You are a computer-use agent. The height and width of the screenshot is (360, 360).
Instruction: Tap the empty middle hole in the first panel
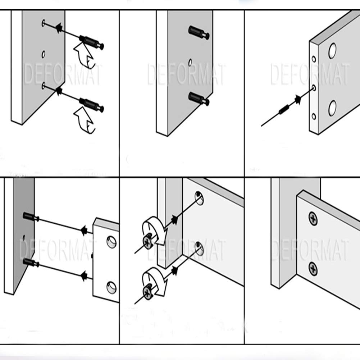pos(44,54)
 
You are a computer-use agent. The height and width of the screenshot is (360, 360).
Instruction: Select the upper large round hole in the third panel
pos(332,51)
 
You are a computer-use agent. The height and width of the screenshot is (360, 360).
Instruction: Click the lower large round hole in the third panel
pos(332,108)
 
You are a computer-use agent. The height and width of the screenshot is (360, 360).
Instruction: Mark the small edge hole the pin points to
pos(314,87)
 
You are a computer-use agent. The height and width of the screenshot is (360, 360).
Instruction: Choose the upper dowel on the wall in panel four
pos(31,217)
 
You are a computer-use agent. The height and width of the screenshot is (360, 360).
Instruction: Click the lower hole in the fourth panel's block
pos(111,287)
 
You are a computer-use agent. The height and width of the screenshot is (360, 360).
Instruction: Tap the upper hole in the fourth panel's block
pos(111,242)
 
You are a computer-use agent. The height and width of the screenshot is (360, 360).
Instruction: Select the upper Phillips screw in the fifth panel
pos(148,242)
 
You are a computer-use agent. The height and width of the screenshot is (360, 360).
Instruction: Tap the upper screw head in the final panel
pos(313,218)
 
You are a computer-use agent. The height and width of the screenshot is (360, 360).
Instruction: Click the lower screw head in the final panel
pos(313,269)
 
